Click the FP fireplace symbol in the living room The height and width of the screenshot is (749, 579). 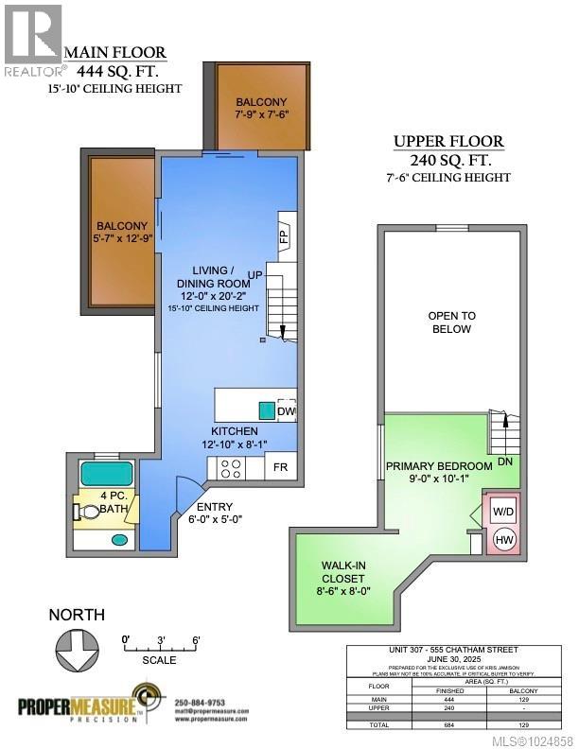(x=283, y=235)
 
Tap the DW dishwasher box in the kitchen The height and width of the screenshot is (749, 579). (x=287, y=411)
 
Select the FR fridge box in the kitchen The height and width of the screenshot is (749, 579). (x=281, y=467)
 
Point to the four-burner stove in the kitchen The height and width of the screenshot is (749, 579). (x=230, y=466)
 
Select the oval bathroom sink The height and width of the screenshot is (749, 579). (x=120, y=540)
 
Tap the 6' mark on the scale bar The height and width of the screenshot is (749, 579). (x=194, y=640)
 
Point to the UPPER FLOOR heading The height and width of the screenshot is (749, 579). (x=448, y=142)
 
